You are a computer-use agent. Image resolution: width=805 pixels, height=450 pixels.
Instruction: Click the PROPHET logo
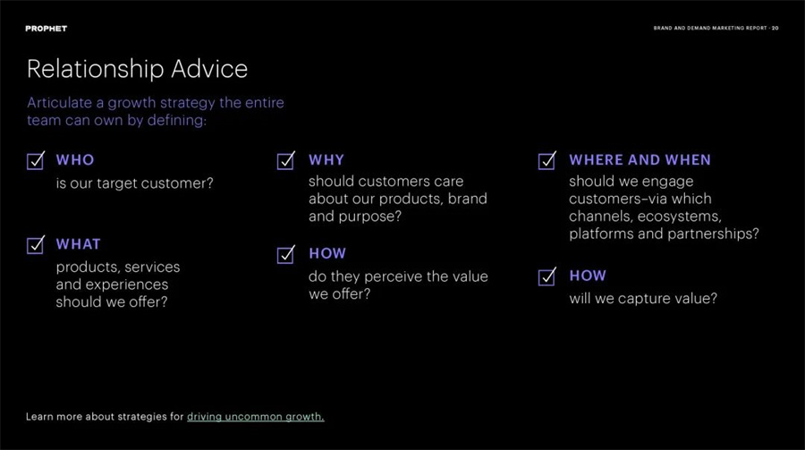coord(47,29)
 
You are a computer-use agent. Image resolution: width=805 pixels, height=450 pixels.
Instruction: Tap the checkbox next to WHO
coord(36,161)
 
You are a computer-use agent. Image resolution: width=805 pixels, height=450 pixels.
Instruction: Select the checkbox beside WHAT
coord(36,245)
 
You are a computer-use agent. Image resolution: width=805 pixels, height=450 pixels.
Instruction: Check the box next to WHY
coord(285,161)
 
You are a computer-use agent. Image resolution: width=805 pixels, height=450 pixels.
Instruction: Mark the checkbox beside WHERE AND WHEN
coord(547,161)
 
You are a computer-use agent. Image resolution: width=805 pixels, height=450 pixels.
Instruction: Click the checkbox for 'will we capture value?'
coord(547,276)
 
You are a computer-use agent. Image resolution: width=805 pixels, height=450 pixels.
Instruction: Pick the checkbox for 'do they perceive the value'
coord(285,254)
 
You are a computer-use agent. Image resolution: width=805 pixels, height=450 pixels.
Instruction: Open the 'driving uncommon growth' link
coord(256,417)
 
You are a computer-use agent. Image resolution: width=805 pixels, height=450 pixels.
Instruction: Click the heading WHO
coord(75,160)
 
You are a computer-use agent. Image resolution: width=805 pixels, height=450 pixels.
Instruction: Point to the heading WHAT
coord(78,244)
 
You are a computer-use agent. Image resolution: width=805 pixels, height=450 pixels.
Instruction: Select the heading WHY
coord(326,160)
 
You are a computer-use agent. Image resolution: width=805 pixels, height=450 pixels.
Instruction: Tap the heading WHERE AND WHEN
coord(640,160)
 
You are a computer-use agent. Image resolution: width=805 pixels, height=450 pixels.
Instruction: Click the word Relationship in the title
coord(95,70)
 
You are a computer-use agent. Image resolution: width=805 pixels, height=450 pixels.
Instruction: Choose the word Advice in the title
coord(209,69)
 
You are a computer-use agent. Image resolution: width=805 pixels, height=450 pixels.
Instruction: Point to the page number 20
coord(775,29)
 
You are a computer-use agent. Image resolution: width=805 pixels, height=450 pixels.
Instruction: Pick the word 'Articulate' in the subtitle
coord(60,103)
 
